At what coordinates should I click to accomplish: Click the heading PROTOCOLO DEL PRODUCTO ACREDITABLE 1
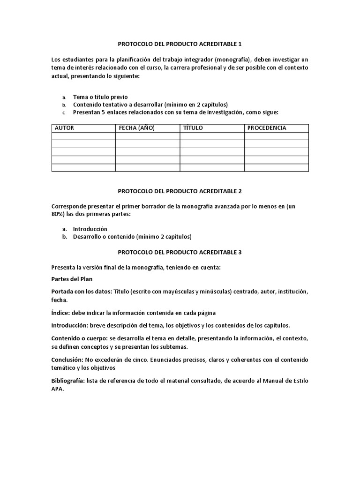pos(180,44)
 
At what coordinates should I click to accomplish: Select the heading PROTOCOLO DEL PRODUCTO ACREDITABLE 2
pos(180,191)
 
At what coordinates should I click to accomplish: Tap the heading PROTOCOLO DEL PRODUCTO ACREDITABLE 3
pos(180,252)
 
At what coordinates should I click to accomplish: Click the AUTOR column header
pos(65,128)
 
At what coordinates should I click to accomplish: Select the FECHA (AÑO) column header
pos(137,128)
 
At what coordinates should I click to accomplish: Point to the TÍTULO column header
pos(193,128)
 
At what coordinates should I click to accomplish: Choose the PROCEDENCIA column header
pos(267,128)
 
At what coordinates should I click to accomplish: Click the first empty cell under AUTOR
pos(83,136)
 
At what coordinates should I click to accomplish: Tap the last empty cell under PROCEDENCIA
pos(276,168)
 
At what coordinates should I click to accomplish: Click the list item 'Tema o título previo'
pos(100,97)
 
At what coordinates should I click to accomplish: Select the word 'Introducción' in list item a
pos(90,229)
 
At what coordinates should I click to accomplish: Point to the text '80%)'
pos(60,214)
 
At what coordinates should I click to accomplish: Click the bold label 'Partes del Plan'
pos(72,279)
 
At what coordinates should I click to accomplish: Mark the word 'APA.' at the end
pos(58,389)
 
